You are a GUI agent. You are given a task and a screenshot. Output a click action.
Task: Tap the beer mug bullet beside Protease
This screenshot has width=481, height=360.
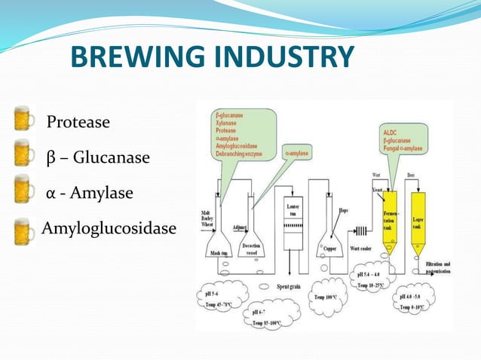click(x=24, y=120)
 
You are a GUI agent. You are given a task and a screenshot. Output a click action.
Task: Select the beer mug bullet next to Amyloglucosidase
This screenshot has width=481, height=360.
click(x=24, y=230)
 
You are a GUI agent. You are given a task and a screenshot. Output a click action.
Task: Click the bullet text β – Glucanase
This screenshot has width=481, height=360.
click(x=98, y=158)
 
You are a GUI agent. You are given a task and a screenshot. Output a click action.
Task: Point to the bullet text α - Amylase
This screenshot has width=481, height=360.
click(x=89, y=194)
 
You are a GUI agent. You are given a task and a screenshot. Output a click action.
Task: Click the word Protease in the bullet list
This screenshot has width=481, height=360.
click(x=78, y=121)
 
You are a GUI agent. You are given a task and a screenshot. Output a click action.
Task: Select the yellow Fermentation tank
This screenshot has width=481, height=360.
click(x=390, y=220)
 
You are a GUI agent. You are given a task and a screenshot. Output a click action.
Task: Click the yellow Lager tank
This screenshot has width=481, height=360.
click(x=418, y=220)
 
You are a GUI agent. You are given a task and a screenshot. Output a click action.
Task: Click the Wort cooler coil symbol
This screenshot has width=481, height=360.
click(x=361, y=231)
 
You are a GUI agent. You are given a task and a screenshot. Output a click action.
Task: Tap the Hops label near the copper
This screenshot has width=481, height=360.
click(x=343, y=210)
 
